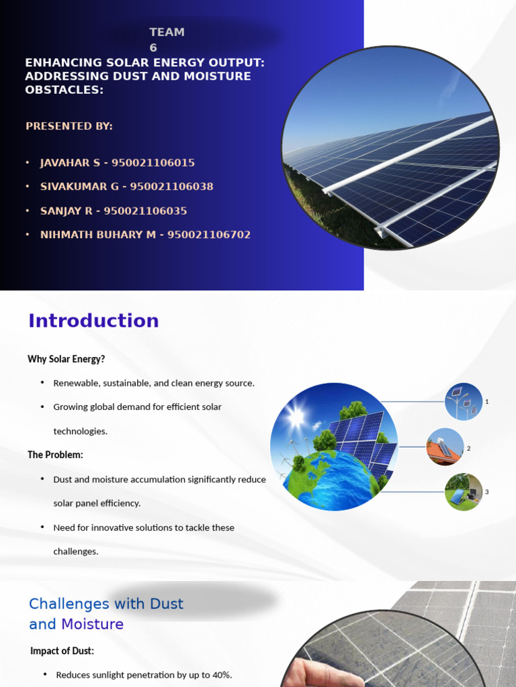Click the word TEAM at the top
[167, 32]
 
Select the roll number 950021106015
[153, 162]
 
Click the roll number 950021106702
[209, 235]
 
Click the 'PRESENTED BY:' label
[69, 126]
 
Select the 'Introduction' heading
[93, 321]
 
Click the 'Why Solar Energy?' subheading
[67, 359]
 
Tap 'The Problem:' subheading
[55, 455]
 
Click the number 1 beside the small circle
[486, 402]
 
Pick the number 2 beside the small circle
[468, 448]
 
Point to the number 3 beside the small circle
[486, 492]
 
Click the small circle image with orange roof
[445, 447]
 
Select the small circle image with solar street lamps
[464, 401]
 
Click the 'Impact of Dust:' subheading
[62, 651]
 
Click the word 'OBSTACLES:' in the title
[64, 89]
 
